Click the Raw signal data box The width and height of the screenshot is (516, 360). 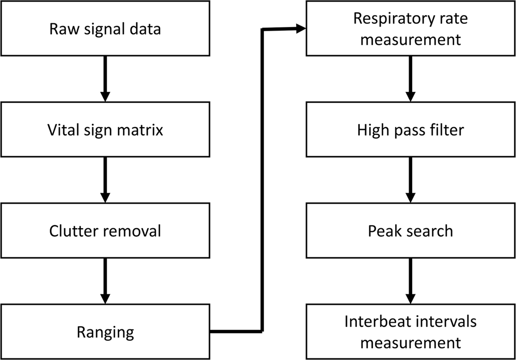(x=105, y=29)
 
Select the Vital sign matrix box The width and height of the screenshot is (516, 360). (x=105, y=129)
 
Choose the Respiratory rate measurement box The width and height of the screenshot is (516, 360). (x=410, y=29)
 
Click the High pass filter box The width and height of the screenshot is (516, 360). (x=410, y=129)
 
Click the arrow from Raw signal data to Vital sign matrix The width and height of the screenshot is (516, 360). (x=105, y=78)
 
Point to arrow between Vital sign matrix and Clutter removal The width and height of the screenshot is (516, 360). (x=105, y=179)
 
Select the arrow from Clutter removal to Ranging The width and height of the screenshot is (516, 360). (x=105, y=280)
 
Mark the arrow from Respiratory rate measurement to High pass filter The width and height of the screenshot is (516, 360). (x=410, y=78)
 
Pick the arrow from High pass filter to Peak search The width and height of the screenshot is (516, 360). (x=410, y=179)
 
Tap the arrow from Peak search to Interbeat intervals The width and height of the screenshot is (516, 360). (x=410, y=280)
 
